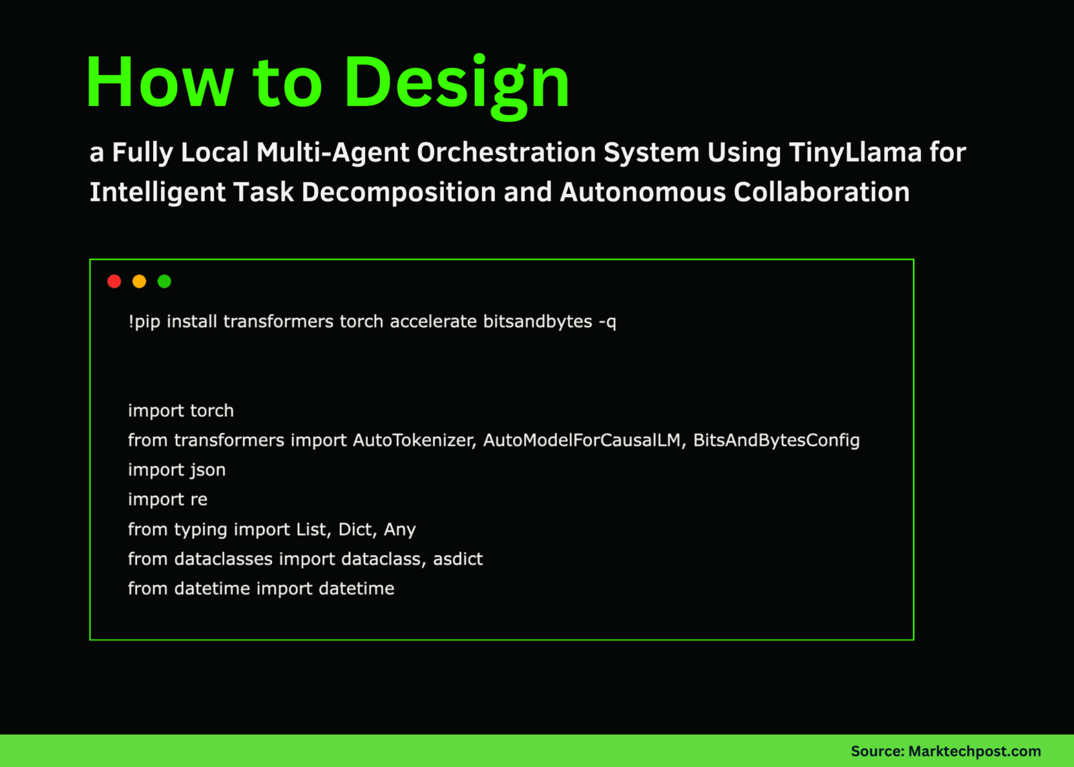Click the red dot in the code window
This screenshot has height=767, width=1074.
coord(114,281)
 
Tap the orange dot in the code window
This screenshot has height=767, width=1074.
coord(139,281)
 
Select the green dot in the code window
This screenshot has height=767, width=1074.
coord(164,281)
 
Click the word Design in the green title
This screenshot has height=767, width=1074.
coord(457,83)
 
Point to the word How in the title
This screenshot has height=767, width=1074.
coord(159,83)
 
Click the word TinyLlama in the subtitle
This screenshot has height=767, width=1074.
coord(855,152)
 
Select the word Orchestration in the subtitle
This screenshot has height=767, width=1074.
coord(506,152)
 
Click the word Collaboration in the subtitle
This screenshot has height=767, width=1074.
coord(821,193)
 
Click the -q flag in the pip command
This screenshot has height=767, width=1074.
coord(607,322)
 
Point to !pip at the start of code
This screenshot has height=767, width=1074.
coord(144,322)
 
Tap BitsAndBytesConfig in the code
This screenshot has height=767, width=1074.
coord(776,440)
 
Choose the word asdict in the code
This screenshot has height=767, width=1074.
coord(458,559)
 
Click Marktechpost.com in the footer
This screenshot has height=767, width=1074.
coord(974,752)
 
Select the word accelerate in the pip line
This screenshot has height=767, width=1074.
coord(433,321)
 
